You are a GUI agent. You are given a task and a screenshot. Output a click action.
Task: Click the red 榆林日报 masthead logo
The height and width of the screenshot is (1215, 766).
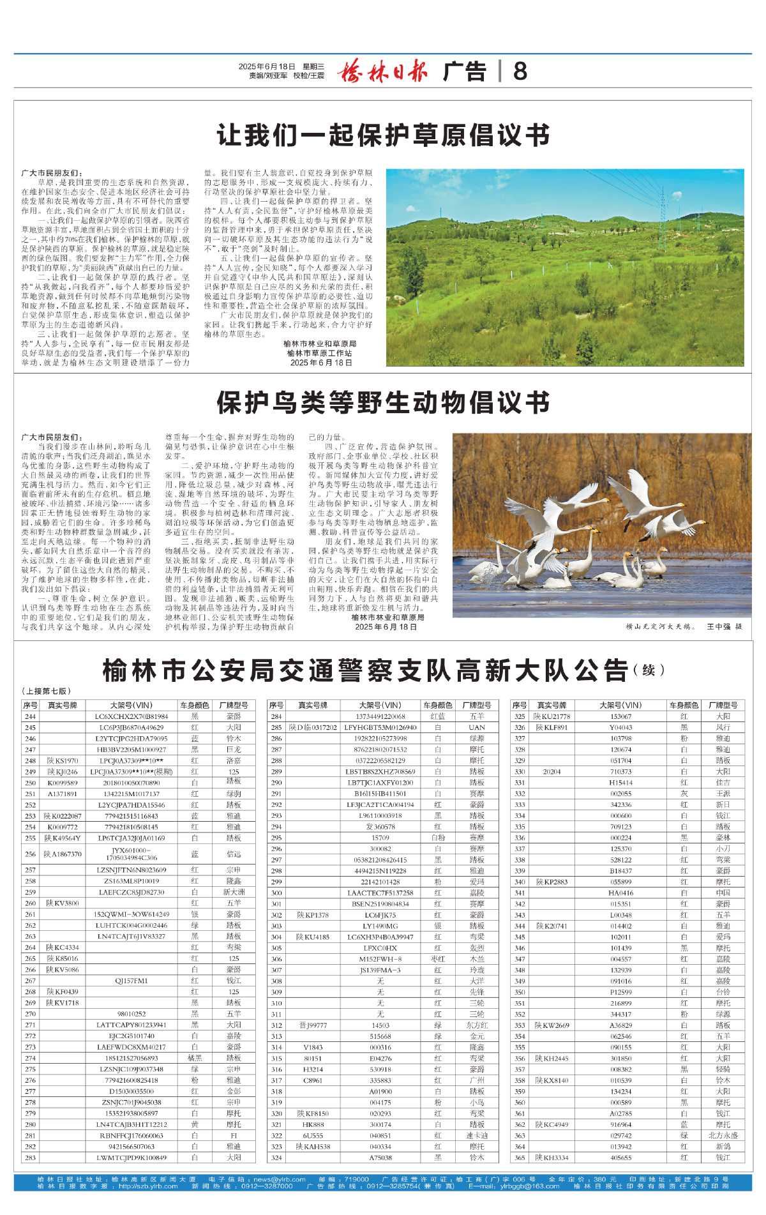click(x=382, y=70)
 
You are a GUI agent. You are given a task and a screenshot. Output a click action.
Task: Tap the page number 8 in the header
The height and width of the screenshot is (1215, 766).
click(x=520, y=71)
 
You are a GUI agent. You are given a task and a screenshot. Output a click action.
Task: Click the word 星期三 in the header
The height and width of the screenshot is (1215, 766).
click(x=313, y=66)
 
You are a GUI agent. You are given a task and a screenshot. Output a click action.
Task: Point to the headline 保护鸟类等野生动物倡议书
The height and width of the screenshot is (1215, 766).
click(x=383, y=403)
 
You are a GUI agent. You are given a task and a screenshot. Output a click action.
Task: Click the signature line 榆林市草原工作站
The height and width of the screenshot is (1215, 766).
click(x=319, y=353)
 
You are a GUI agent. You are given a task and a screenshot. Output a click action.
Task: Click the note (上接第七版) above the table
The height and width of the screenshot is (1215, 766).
click(x=46, y=691)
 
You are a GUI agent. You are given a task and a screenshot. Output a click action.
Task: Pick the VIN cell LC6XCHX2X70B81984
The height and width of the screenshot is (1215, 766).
click(x=133, y=716)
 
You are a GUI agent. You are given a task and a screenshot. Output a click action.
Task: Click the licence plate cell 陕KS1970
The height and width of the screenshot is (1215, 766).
click(x=62, y=760)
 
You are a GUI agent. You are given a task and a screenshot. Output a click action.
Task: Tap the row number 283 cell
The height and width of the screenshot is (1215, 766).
click(x=30, y=1158)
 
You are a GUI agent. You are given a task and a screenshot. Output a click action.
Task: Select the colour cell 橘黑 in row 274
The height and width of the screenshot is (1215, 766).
click(x=195, y=1058)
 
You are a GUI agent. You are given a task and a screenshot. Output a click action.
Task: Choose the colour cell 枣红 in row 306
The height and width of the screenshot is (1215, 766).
click(x=437, y=959)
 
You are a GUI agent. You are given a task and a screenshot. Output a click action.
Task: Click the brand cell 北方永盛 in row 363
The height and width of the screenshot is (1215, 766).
click(x=723, y=1135)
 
